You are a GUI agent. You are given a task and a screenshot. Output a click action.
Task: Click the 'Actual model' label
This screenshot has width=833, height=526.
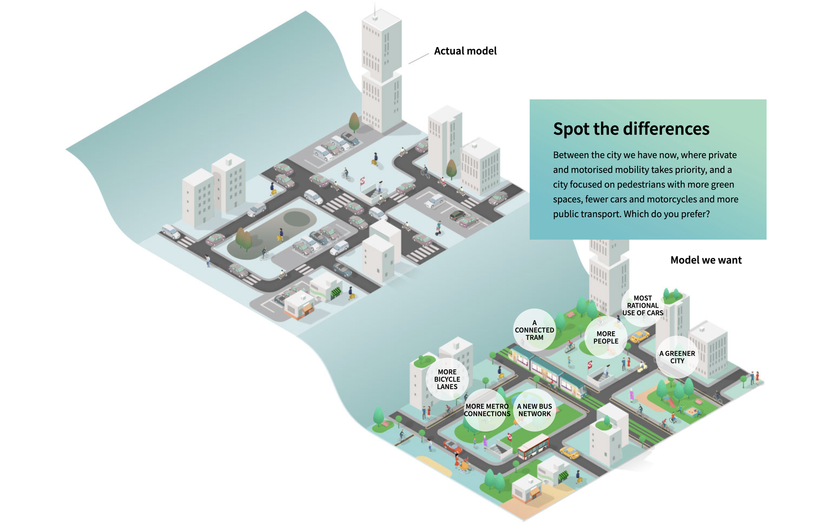(x=465, y=51)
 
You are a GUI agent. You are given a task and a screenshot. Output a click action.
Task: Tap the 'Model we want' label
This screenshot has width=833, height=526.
(x=706, y=260)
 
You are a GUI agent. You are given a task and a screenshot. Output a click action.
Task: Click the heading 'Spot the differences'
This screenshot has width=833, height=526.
(x=631, y=129)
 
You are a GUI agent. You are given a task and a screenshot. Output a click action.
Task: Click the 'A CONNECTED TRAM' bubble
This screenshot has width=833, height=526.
(x=534, y=330)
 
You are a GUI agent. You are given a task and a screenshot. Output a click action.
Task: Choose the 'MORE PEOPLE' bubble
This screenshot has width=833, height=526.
(x=606, y=337)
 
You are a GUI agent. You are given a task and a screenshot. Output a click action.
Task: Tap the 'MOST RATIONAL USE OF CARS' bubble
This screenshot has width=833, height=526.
(x=642, y=306)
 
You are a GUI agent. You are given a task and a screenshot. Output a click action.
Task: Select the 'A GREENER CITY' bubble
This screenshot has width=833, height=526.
(x=677, y=357)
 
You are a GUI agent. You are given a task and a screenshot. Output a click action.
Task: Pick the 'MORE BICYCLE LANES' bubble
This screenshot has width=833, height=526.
(x=447, y=379)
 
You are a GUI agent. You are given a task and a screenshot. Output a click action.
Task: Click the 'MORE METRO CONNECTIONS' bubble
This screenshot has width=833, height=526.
(x=487, y=410)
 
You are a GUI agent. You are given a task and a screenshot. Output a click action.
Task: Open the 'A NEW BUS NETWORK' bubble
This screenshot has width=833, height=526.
(x=534, y=410)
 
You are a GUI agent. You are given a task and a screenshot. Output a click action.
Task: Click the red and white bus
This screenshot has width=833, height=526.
(x=533, y=446)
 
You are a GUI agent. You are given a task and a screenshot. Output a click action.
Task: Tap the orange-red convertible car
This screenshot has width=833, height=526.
(x=452, y=446)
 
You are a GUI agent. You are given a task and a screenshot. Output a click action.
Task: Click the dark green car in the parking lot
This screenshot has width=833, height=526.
(x=457, y=216)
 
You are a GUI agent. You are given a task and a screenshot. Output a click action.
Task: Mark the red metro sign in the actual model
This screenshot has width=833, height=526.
(x=363, y=181)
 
